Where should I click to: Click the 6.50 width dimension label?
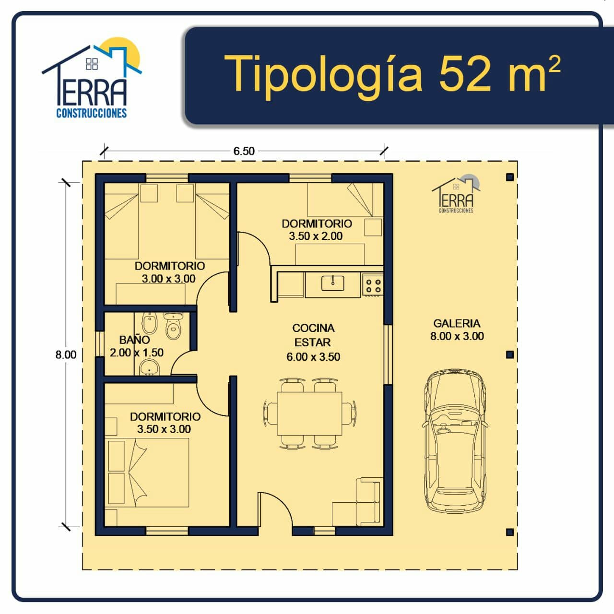[244, 151]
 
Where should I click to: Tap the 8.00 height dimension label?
[66, 354]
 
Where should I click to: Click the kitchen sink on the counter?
[332, 283]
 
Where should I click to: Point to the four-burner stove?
[373, 285]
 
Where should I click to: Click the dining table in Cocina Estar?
[309, 414]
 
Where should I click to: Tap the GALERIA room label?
[457, 323]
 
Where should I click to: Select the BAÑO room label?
[134, 340]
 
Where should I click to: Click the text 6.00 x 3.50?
[313, 357]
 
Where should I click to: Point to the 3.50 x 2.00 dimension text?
[316, 236]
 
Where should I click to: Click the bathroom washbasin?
[149, 366]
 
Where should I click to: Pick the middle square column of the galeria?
[510, 354]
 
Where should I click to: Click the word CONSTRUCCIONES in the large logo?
[92, 113]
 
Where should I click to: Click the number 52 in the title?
[465, 73]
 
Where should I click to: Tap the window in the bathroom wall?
[100, 344]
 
